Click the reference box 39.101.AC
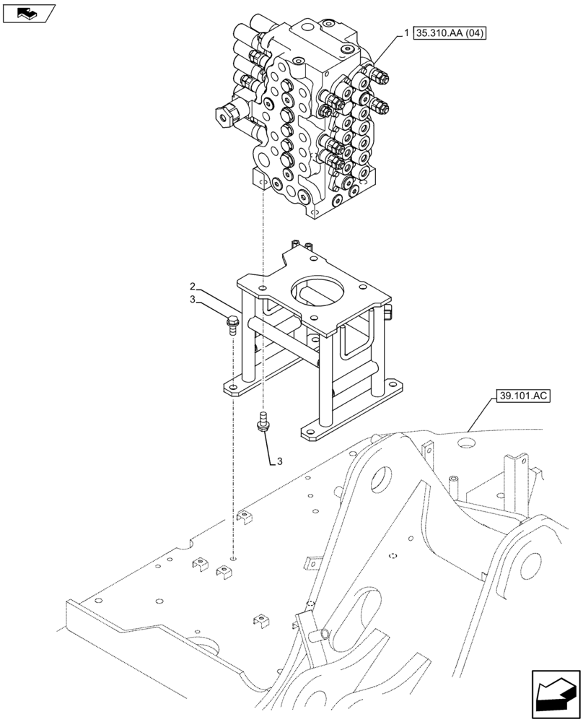pos(522,396)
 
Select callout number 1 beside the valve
pos(407,33)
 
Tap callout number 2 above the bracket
pos(193,287)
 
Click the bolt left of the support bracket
pos(232,324)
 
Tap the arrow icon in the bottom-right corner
pos(555,694)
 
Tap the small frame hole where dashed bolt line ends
pos(234,560)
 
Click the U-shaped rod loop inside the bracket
pos(357,339)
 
